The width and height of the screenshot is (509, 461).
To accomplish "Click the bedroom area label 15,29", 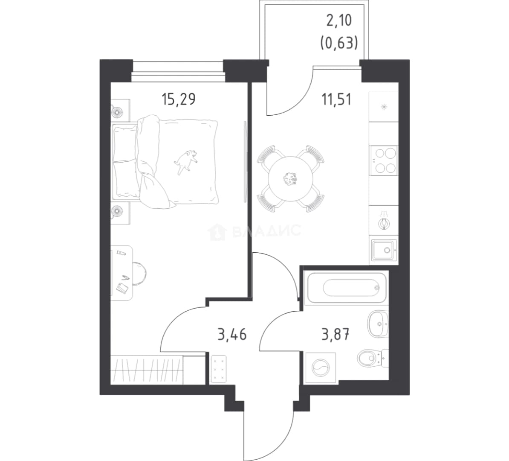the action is pos(178,99).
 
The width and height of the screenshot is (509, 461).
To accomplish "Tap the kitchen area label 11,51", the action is pos(336,99).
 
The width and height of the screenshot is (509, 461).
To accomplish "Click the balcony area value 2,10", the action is pos(339,21).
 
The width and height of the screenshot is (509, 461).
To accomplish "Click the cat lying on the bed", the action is pos(186,161).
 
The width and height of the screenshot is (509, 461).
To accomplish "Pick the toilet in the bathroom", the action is pos(373,358).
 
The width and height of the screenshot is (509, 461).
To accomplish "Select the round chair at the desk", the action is pos(139,274).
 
